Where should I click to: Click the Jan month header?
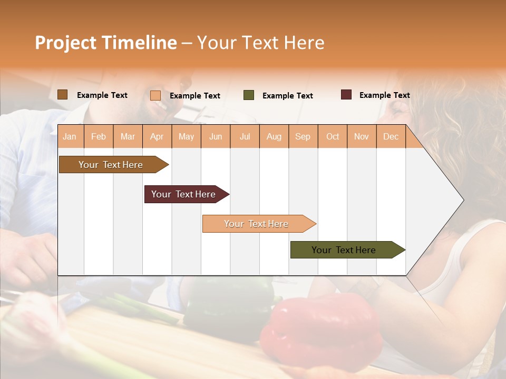tap(70, 137)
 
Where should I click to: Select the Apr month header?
tap(157, 137)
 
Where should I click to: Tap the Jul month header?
tap(245, 137)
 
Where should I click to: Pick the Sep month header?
tap(303, 137)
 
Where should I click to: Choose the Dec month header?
tap(391, 137)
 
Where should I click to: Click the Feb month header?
tap(99, 137)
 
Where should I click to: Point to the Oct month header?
tap(333, 137)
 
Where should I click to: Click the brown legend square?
tap(62, 95)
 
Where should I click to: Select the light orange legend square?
tap(155, 95)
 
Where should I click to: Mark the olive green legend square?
tap(249, 95)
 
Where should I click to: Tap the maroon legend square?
tap(346, 95)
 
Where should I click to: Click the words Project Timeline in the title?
tap(105, 43)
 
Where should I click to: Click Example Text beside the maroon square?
tap(384, 95)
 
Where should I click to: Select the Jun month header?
tap(216, 137)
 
